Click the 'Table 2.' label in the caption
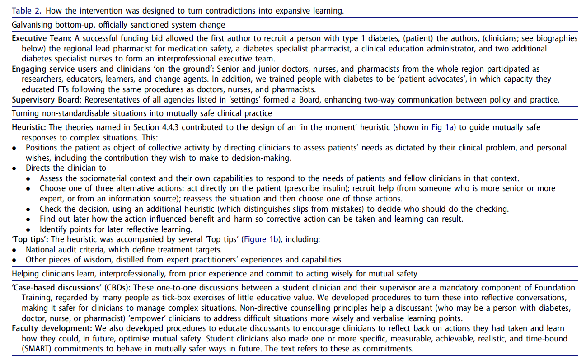(26, 10)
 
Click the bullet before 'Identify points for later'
(29, 229)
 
